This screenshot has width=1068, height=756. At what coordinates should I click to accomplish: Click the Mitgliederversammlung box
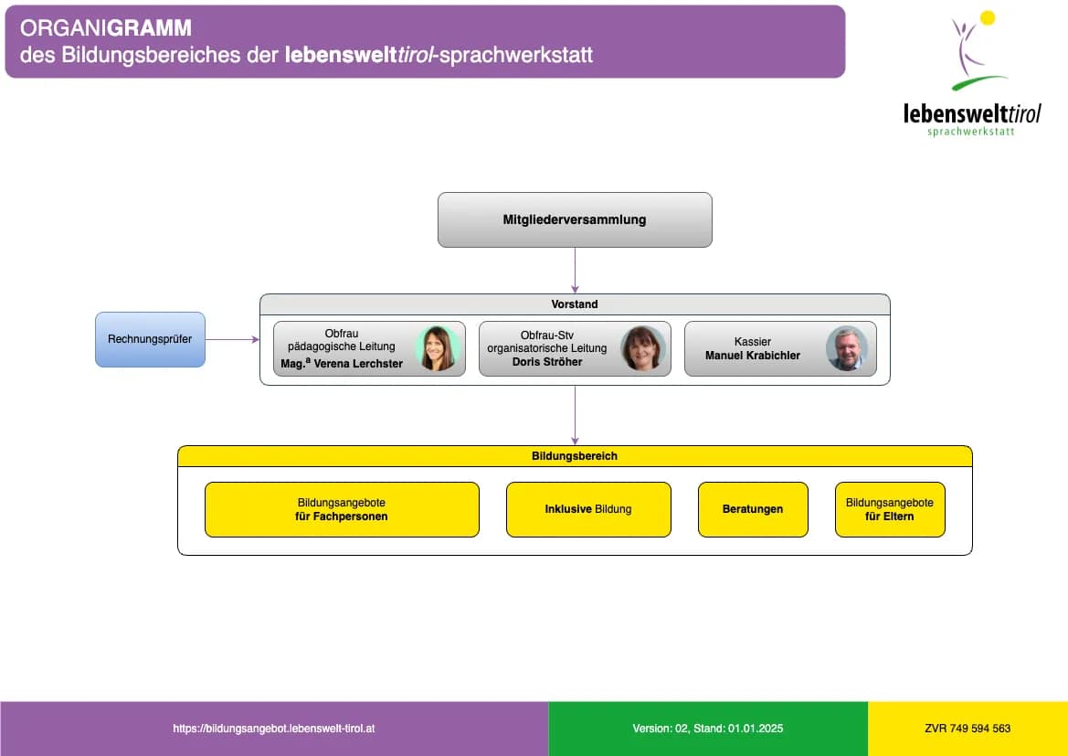coord(575,219)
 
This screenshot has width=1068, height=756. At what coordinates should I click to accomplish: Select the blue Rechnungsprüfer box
coord(150,339)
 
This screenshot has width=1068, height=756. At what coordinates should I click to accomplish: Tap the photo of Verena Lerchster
coord(437,348)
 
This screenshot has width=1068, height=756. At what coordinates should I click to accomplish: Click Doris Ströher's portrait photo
coord(642,348)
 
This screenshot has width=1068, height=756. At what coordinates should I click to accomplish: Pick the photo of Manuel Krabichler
coord(847,348)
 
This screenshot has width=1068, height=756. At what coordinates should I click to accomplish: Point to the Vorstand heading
coord(575,304)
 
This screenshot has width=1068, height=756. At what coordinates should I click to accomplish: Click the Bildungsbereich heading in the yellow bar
coord(575,455)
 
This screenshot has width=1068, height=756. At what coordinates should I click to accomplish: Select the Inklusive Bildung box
coord(588,509)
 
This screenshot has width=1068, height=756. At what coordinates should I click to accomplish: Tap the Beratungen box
coord(753,509)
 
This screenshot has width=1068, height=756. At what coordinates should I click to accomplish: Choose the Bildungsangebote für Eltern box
coord(890,509)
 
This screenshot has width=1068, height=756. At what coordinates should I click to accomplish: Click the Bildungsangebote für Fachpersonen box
coord(342,509)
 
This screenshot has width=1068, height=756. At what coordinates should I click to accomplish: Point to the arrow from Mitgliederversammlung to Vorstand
coord(575,270)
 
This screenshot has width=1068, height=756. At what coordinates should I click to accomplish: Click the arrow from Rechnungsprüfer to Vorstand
coord(232,339)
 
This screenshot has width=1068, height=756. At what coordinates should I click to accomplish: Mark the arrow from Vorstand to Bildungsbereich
coord(575,416)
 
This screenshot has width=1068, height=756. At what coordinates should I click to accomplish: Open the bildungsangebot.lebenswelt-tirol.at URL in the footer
coord(274,729)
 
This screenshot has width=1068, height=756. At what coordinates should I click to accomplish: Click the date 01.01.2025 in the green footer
coord(755,729)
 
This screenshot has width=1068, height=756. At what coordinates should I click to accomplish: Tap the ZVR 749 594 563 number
coord(968,729)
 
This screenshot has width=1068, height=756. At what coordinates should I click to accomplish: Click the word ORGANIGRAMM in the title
coord(106,28)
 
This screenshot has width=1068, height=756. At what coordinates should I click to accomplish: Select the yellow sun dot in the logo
coord(988,17)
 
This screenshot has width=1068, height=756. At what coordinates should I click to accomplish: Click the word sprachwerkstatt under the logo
coord(970,132)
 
